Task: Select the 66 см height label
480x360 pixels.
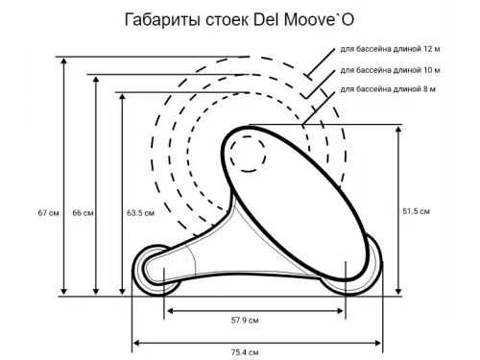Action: tap(83, 213)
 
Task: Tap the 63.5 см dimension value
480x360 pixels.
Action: tap(141, 213)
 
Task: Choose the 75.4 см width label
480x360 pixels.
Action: tap(258, 352)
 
